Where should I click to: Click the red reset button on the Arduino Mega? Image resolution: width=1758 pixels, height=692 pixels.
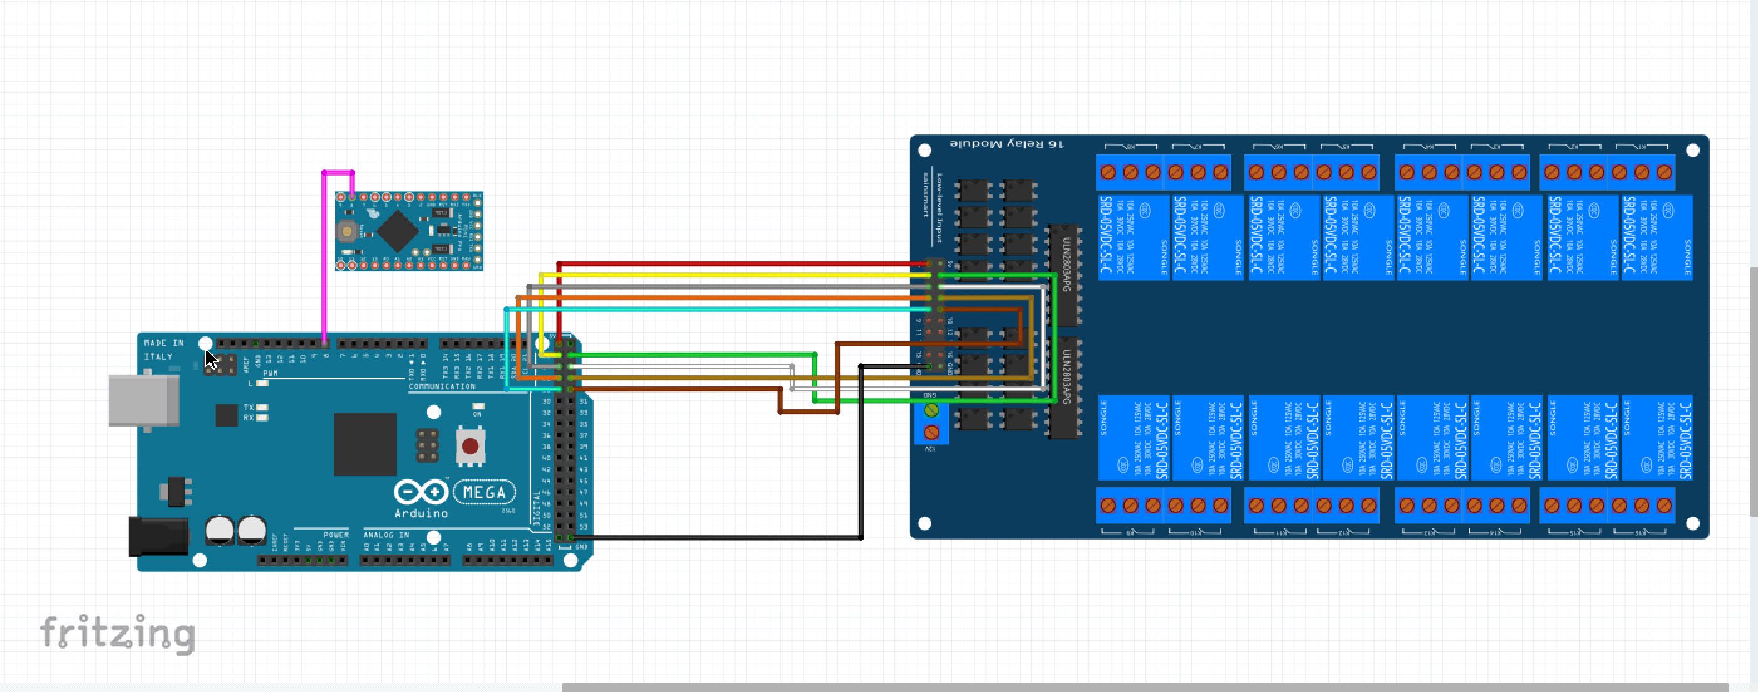pyautogui.click(x=469, y=446)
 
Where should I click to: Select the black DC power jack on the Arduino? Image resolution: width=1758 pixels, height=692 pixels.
pyautogui.click(x=158, y=536)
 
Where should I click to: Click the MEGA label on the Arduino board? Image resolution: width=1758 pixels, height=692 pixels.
pyautogui.click(x=484, y=492)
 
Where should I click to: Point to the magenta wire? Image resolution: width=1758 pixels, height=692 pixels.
pyautogui.click(x=324, y=259)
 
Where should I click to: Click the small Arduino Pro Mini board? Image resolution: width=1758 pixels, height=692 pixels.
pyautogui.click(x=409, y=232)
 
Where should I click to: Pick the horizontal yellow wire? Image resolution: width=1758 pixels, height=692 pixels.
pyautogui.click(x=730, y=275)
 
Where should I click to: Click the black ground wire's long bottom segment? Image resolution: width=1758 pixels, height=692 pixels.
pyautogui.click(x=717, y=538)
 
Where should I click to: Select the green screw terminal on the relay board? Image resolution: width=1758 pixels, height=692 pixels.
pyautogui.click(x=931, y=410)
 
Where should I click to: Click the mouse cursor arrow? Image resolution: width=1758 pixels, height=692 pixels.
pyautogui.click(x=210, y=359)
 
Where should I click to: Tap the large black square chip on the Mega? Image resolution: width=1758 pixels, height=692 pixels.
pyautogui.click(x=365, y=444)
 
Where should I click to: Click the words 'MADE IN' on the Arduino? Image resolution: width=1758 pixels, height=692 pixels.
pyautogui.click(x=164, y=343)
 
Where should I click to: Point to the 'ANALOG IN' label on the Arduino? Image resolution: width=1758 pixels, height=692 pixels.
pyautogui.click(x=386, y=535)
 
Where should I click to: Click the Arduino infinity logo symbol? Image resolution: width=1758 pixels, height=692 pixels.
pyautogui.click(x=421, y=491)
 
